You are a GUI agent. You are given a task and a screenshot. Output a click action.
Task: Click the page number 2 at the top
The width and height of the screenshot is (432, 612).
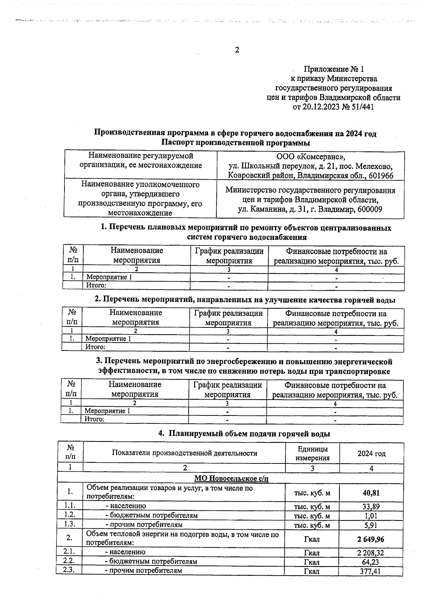point(237,50)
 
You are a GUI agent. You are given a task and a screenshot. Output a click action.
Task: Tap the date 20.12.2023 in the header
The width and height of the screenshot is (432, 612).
point(320,107)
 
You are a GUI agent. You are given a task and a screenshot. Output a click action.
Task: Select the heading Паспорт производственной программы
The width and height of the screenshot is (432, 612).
point(235,143)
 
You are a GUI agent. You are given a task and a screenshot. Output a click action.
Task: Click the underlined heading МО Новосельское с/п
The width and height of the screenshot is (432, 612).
point(231,479)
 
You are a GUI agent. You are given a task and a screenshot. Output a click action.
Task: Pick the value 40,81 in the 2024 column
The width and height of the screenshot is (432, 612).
point(371,493)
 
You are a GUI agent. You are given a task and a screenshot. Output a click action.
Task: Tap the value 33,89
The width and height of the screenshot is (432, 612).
point(371,506)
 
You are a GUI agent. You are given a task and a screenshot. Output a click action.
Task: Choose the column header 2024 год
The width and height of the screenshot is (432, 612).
point(371,454)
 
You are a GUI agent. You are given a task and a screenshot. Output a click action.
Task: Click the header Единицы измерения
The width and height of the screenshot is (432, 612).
point(312,454)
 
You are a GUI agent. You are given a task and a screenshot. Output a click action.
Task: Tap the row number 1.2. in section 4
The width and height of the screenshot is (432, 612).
point(69,515)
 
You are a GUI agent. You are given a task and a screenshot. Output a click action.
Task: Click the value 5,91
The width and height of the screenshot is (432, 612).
point(371,525)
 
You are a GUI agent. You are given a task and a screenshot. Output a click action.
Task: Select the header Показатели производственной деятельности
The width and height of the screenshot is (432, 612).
point(184,453)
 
